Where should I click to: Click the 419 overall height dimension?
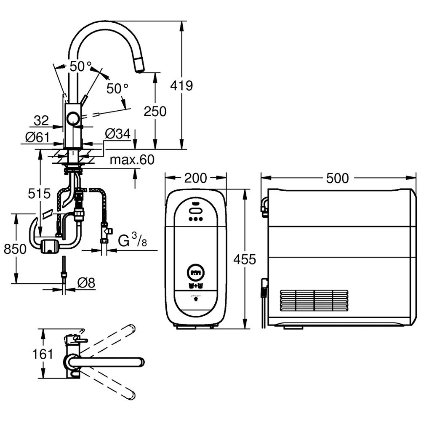pos(181,85)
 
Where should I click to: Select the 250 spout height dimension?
pos(155,111)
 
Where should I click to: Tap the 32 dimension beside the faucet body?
pos(41,121)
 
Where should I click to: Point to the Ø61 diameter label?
pos(37,137)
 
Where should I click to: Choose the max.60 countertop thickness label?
pos(131,160)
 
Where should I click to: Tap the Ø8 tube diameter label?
pos(86,283)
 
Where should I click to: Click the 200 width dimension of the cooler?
pos(196,178)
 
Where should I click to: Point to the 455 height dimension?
pos(245,259)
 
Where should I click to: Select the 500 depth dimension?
pos(338,178)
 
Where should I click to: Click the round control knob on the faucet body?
pos(73,119)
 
